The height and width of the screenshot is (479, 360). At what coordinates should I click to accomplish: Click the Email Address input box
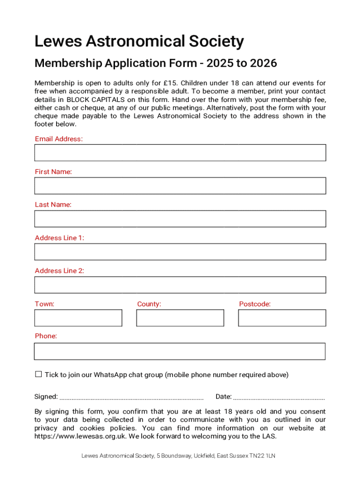coord(180,152)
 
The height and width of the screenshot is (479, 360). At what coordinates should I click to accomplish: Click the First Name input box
coord(180,186)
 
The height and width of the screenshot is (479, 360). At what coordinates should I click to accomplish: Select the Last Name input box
coord(180,218)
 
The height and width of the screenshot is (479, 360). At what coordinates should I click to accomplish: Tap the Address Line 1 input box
coord(180,252)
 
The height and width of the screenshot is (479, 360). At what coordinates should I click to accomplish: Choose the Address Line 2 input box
coord(180,285)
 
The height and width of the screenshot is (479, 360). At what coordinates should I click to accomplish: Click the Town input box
coord(78,318)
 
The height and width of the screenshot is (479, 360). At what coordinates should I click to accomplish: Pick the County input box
coord(180,318)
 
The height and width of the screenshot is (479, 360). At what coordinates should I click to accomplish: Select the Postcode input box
coord(282,318)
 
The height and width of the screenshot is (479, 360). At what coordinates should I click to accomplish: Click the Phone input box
coord(180,351)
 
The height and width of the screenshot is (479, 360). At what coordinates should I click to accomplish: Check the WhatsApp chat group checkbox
coord(38,374)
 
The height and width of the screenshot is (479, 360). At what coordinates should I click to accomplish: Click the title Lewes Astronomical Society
coord(139,42)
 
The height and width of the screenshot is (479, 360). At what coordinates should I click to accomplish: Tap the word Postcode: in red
coord(255,304)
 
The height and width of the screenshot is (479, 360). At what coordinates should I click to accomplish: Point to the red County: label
coord(149,304)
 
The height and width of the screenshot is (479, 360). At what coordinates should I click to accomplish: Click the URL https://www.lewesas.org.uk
coord(80,436)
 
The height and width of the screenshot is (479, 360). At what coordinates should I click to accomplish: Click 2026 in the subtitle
coord(264,63)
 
